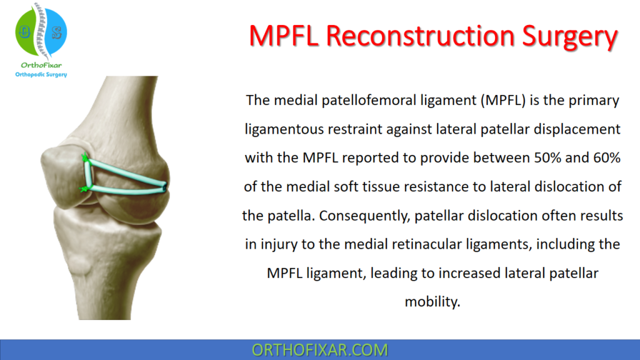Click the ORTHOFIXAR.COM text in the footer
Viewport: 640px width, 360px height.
(x=319, y=349)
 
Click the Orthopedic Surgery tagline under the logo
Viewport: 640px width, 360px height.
(x=41, y=74)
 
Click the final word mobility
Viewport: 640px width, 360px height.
(x=432, y=301)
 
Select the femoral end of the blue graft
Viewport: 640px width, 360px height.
(x=164, y=186)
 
